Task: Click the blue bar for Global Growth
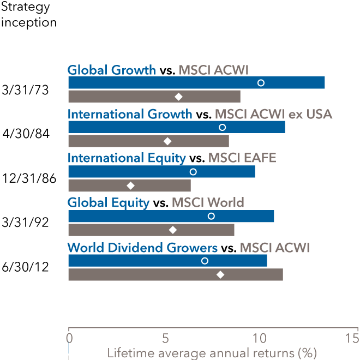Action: [196, 83]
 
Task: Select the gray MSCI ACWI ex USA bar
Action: [148, 141]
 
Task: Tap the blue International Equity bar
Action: [161, 171]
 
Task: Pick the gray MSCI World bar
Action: [151, 230]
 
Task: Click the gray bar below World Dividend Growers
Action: [175, 274]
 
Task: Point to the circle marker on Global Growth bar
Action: [261, 83]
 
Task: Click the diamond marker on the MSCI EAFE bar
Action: [130, 185]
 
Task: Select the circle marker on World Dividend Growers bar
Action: [205, 261]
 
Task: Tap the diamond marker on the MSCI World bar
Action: [173, 230]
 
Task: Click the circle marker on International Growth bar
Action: [222, 128]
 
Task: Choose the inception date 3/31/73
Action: [26, 90]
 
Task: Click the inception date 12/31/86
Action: [29, 178]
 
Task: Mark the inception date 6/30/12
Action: [26, 268]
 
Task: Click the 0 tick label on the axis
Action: [69, 338]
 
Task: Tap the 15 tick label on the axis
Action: [352, 338]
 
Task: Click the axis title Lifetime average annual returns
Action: [212, 352]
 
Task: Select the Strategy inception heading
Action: [29, 15]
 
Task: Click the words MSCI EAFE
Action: [242, 158]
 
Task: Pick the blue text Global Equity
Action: [108, 202]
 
